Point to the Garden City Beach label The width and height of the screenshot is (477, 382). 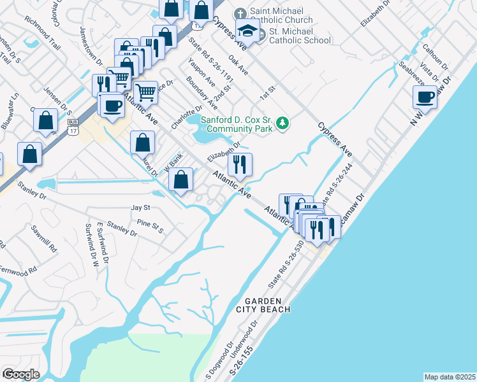pyautogui.click(x=263, y=305)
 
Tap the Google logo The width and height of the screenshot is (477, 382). pyautogui.click(x=22, y=374)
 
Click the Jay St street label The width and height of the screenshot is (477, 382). pyautogui.click(x=140, y=208)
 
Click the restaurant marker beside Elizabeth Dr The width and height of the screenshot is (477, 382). pyautogui.click(x=240, y=166)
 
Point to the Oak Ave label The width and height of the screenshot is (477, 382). pyautogui.click(x=237, y=65)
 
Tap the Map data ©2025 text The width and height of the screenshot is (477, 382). pyautogui.click(x=450, y=377)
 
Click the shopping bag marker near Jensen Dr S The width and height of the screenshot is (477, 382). pyautogui.click(x=47, y=122)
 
